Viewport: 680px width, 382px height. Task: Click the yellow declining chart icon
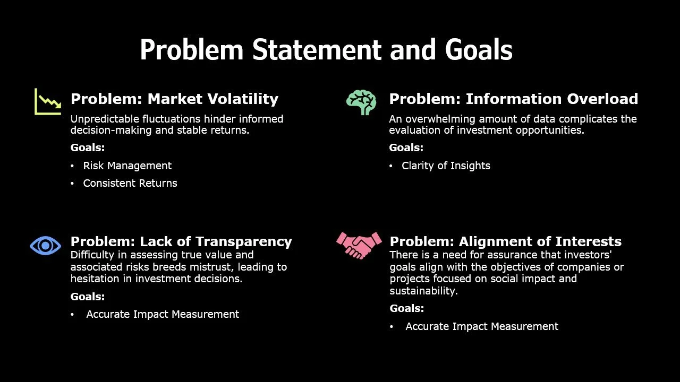pyautogui.click(x=48, y=101)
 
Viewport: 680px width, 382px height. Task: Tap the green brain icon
pyautogui.click(x=361, y=102)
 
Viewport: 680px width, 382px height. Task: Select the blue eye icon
pyautogui.click(x=45, y=245)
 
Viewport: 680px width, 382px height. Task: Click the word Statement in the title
pyautogui.click(x=317, y=50)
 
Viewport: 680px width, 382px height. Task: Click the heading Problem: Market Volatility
pyautogui.click(x=174, y=99)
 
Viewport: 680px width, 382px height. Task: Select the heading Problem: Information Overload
pyautogui.click(x=513, y=99)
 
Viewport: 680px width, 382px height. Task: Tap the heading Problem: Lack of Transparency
pyautogui.click(x=181, y=242)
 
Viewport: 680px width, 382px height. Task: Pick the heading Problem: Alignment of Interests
pyautogui.click(x=505, y=242)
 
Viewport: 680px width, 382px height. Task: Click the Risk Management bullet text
pyautogui.click(x=127, y=166)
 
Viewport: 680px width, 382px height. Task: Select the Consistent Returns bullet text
pyautogui.click(x=130, y=184)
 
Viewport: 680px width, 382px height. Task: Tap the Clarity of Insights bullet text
pyautogui.click(x=446, y=166)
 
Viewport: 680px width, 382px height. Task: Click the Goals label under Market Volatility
pyautogui.click(x=88, y=148)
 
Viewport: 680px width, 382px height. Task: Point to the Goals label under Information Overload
pyautogui.click(x=406, y=148)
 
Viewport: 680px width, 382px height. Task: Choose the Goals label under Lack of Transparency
pyautogui.click(x=88, y=297)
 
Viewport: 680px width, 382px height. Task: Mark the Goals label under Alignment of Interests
pyautogui.click(x=407, y=309)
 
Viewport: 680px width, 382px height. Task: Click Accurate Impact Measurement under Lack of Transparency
pyautogui.click(x=163, y=315)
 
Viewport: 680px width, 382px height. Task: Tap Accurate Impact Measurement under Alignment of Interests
pyautogui.click(x=482, y=327)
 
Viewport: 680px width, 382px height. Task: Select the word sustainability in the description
pyautogui.click(x=423, y=291)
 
